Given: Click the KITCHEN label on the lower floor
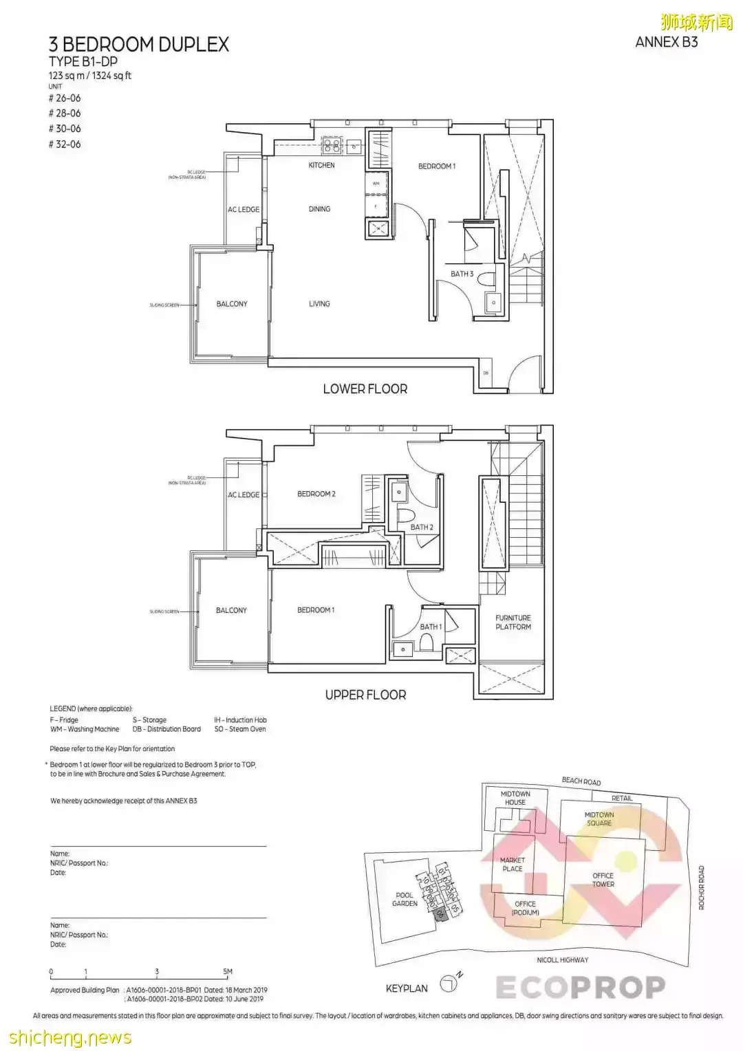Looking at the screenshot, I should tap(321, 166).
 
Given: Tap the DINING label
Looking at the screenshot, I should tap(319, 209).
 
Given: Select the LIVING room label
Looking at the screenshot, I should tap(319, 304).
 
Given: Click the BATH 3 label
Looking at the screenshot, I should tap(462, 274).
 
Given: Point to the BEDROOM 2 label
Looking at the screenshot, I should tap(316, 494).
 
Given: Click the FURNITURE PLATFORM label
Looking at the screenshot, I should tap(513, 622).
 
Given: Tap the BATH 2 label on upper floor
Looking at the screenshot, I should tap(422, 528).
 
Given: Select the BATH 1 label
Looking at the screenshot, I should tap(431, 627).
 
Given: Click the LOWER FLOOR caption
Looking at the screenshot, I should tap(365, 389).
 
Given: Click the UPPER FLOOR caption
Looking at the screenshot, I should tap(365, 695).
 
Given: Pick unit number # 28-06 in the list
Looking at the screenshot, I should tap(65, 113).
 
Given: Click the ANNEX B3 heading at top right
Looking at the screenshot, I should tap(666, 42).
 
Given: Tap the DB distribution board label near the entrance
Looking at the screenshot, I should tap(486, 373).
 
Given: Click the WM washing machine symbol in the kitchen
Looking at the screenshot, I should tap(376, 184).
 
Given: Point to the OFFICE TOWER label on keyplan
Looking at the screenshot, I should tap(603, 880).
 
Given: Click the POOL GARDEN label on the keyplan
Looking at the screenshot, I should tap(405, 899).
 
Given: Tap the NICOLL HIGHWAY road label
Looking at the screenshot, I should tap(563, 960).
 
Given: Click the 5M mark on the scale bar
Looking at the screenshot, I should tap(228, 972).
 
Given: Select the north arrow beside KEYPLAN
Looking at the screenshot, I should tap(449, 985).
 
